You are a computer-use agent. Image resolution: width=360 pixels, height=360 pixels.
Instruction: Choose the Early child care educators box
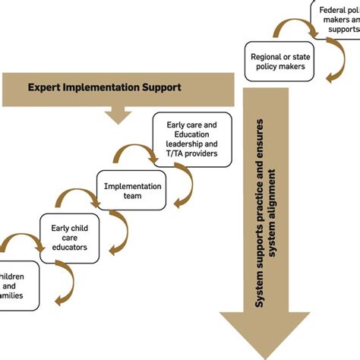coord(69,237)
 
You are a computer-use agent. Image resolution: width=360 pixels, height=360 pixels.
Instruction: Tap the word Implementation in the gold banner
coord(102,88)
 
